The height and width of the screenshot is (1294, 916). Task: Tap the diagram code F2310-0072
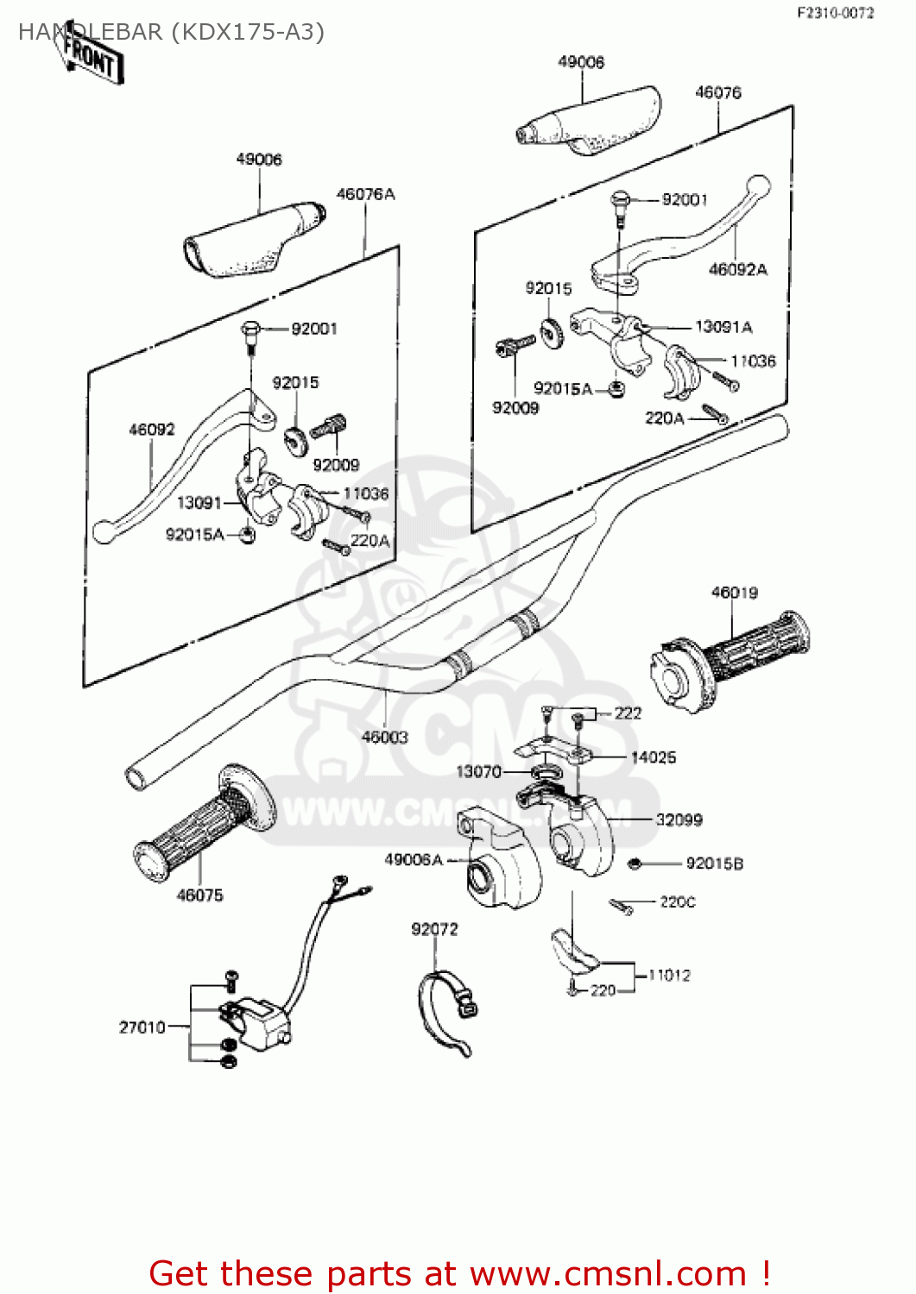(834, 13)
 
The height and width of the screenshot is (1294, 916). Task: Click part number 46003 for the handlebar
(385, 737)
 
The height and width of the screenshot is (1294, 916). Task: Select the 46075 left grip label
(199, 895)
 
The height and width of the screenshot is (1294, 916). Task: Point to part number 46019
(735, 593)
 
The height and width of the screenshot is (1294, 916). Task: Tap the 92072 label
(434, 929)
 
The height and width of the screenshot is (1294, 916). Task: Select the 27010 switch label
(142, 1027)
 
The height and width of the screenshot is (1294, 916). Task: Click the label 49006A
(414, 859)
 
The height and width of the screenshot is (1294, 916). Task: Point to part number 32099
(679, 820)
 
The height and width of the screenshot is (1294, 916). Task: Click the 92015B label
(714, 864)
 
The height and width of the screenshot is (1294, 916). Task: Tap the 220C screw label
(678, 902)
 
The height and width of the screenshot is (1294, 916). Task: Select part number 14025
(654, 757)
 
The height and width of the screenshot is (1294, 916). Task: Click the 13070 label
(478, 771)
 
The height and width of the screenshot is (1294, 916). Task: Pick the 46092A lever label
(738, 270)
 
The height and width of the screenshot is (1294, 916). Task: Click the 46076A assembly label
(365, 194)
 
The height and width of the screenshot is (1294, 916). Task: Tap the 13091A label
(723, 327)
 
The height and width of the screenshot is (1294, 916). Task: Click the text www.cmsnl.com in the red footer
(608, 1273)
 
